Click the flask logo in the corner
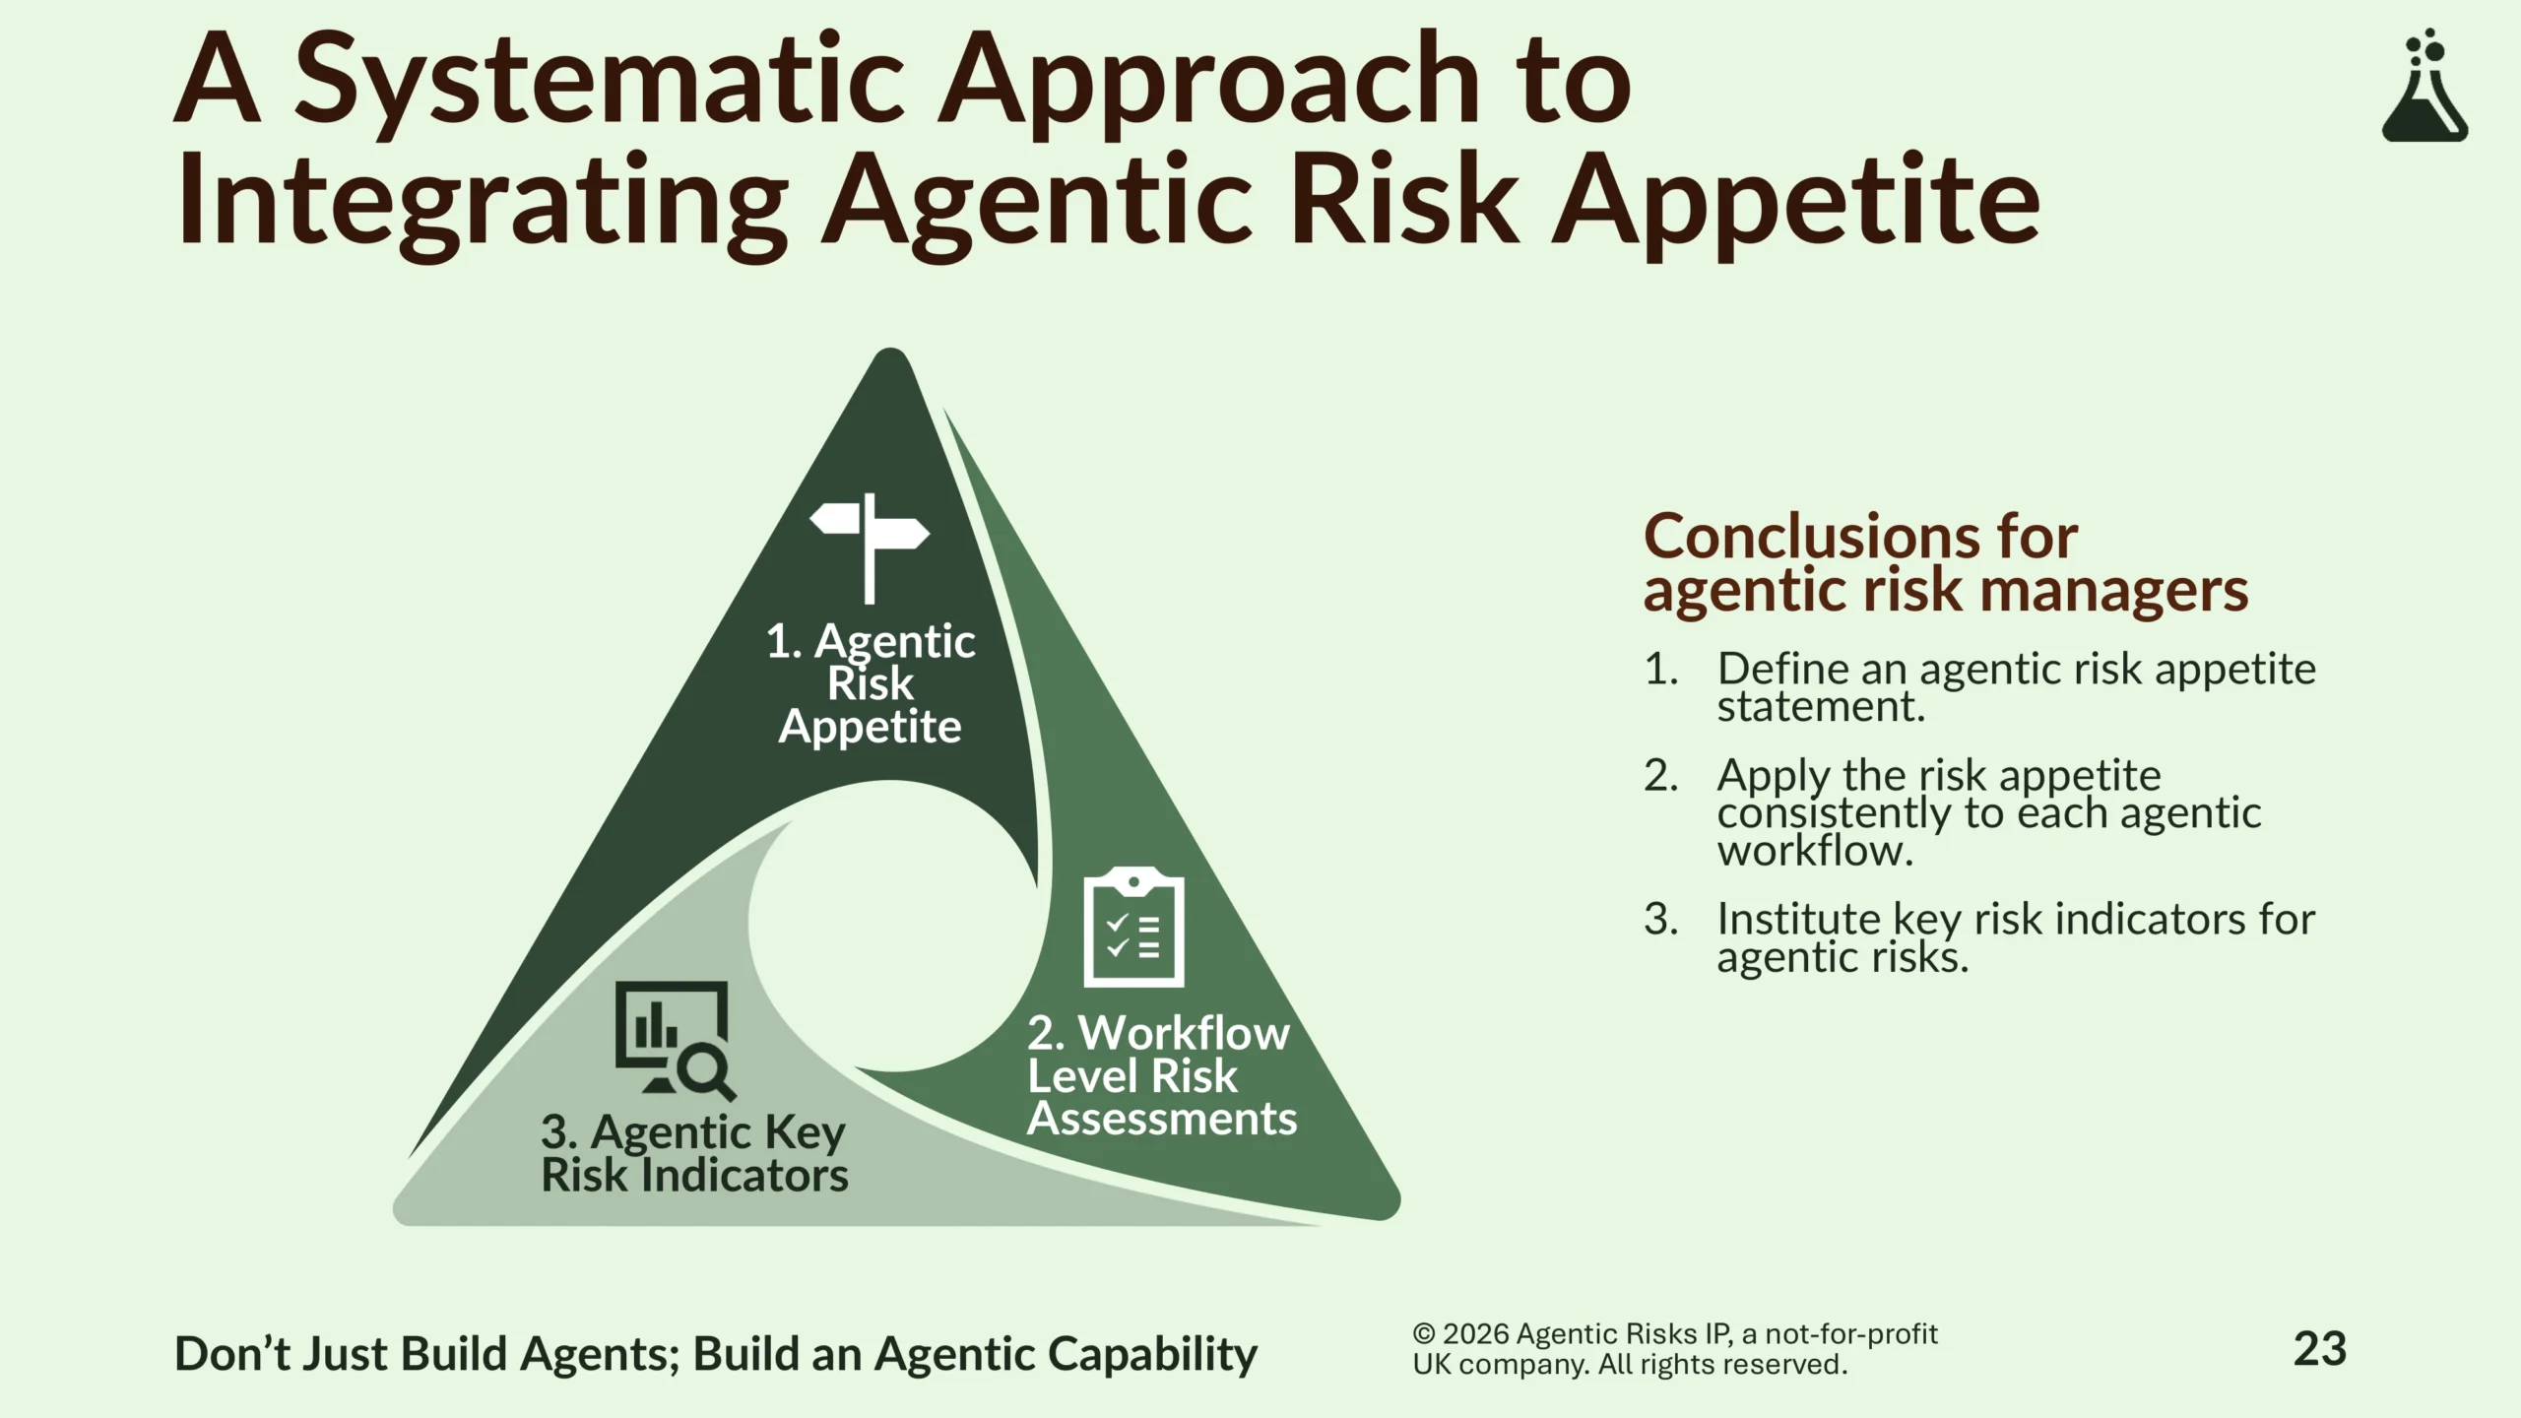(2424, 86)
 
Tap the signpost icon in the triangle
(870, 548)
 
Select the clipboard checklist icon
(1133, 927)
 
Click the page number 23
(2320, 1349)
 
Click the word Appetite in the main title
(1796, 204)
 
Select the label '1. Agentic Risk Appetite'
(871, 683)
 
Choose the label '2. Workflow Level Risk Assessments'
(1162, 1075)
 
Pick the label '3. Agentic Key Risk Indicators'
(694, 1153)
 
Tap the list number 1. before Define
(1661, 670)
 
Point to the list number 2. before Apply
(1661, 776)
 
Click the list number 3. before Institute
(1661, 920)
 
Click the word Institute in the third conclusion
(1799, 920)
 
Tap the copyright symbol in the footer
(1424, 1334)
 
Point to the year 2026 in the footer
(1476, 1334)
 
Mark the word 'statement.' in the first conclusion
(1821, 707)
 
